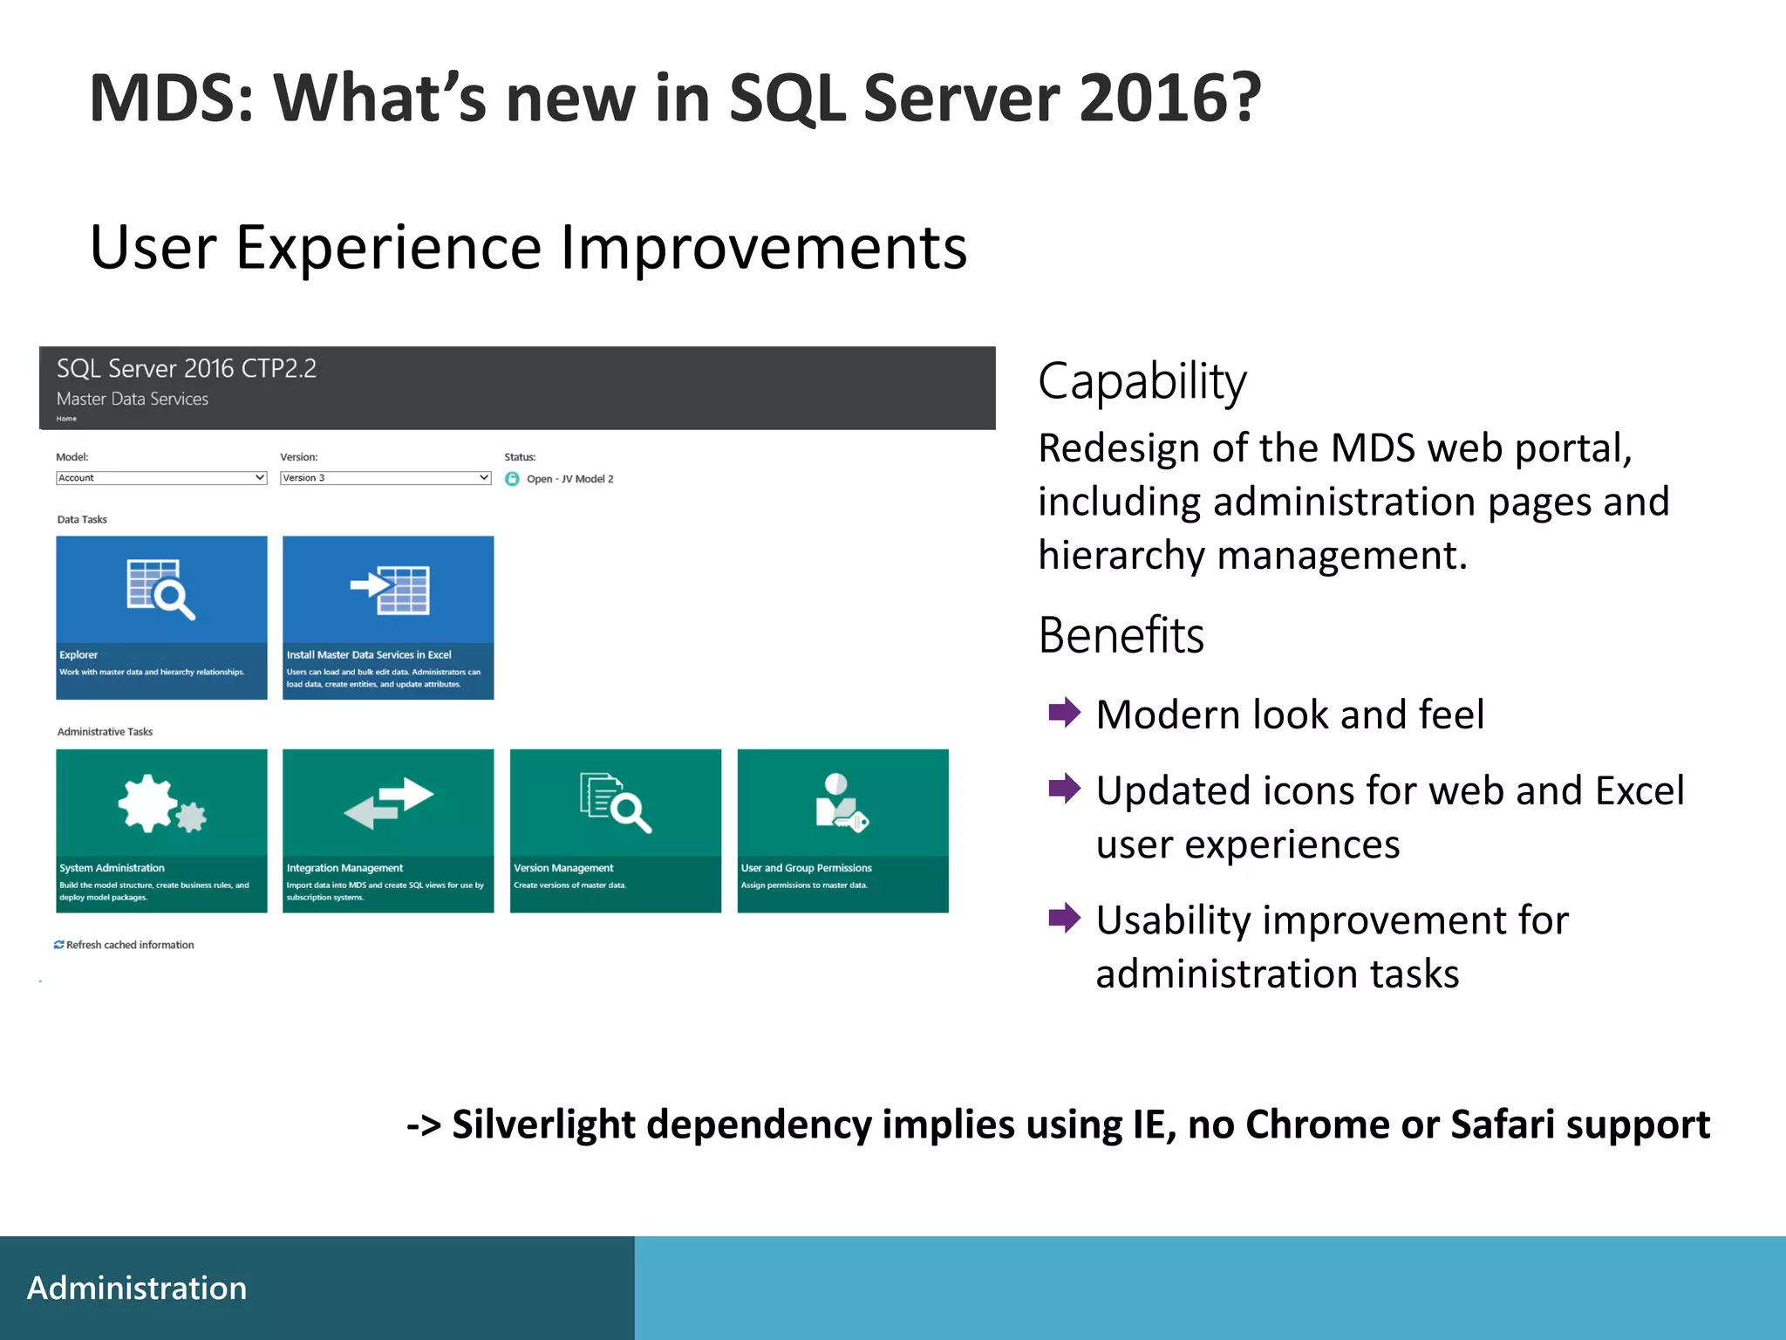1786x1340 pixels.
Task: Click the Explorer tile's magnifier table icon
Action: pos(160,590)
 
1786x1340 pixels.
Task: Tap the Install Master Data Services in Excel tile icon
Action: pos(389,590)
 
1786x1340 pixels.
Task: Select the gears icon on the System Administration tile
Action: pos(162,803)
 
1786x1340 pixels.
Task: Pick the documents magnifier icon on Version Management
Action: pos(616,802)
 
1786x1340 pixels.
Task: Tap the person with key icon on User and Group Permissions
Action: pos(842,803)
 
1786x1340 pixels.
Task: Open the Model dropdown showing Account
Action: pos(161,478)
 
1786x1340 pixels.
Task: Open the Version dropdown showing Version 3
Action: pos(385,478)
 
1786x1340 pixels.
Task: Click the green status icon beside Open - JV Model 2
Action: pos(512,479)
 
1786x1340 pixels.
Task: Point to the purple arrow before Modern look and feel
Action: pos(1064,713)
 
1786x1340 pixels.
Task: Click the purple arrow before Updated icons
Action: pos(1064,789)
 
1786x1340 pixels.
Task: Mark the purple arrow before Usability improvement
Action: pos(1064,918)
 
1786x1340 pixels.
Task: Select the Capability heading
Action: pos(1142,381)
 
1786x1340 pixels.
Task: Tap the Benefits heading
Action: pos(1121,635)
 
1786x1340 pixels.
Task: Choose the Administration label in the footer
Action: pos(137,1289)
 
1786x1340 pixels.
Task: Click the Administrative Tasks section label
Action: pos(105,732)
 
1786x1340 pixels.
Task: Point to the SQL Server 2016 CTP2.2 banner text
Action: pos(187,368)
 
